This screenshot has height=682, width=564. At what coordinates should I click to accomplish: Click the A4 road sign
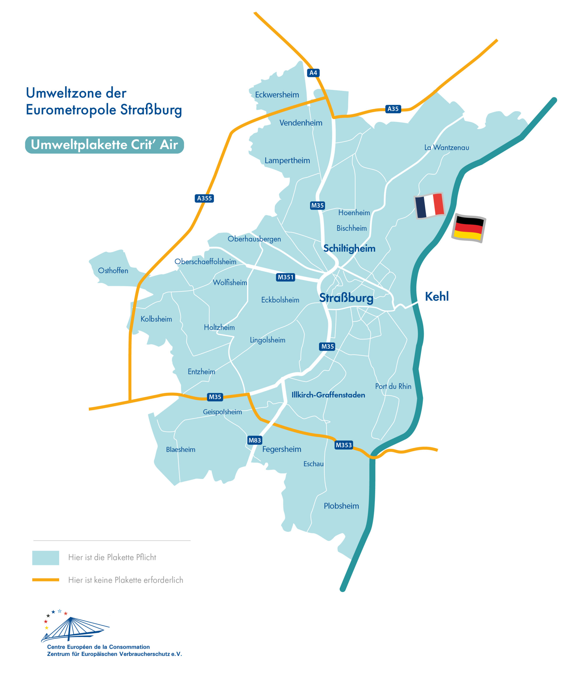(313, 73)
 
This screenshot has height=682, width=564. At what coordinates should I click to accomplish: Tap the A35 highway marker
(393, 109)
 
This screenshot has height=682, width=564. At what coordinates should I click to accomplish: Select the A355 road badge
(204, 198)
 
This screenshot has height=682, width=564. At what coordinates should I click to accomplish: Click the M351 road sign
(285, 277)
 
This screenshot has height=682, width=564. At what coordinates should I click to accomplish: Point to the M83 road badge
(255, 440)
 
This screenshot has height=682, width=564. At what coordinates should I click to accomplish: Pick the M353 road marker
(344, 445)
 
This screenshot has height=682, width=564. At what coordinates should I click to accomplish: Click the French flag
(429, 206)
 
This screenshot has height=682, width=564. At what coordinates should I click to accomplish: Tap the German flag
(469, 228)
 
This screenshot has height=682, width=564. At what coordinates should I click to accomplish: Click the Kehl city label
(437, 297)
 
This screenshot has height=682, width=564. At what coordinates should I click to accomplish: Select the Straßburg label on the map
(346, 298)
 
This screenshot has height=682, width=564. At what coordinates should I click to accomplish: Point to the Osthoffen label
(113, 270)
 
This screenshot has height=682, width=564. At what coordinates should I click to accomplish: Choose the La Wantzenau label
(447, 147)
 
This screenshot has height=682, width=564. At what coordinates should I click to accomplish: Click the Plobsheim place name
(341, 506)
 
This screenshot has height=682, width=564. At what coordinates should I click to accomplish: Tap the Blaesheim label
(181, 449)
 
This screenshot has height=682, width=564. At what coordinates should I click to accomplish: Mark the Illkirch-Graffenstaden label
(328, 395)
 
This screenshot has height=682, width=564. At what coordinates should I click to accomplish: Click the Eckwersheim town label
(277, 95)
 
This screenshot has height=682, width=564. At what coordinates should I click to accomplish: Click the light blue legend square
(46, 558)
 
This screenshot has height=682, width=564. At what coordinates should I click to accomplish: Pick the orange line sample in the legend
(46, 580)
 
